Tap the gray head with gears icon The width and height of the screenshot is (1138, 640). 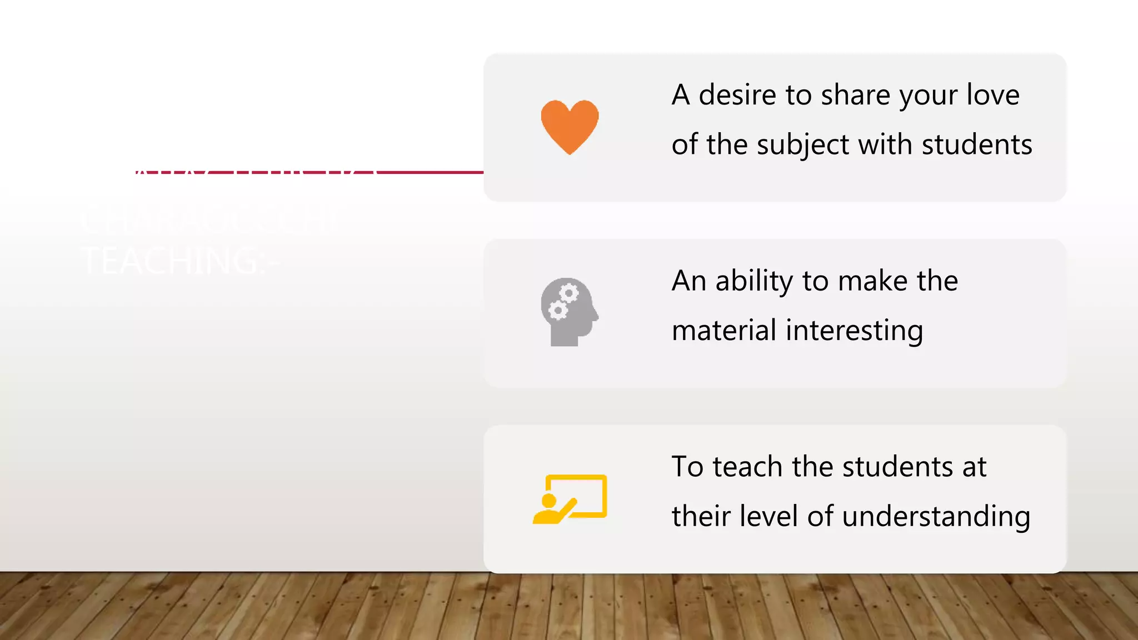click(568, 312)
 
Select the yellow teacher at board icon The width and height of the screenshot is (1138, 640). click(570, 499)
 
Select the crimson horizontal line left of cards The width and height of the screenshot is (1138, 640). click(428, 172)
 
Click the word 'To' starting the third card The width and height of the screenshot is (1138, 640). click(687, 467)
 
